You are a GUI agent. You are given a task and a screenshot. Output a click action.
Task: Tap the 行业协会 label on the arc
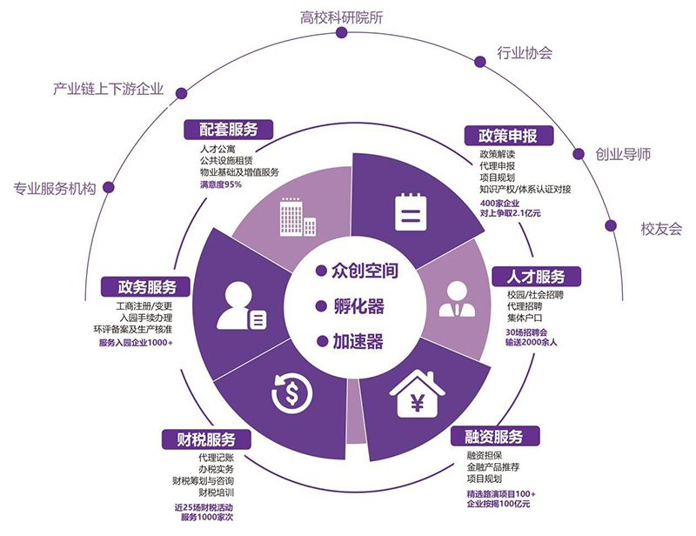click(524, 53)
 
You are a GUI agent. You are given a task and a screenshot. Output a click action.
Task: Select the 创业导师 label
click(623, 155)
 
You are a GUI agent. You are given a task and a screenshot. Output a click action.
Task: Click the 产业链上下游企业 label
click(108, 90)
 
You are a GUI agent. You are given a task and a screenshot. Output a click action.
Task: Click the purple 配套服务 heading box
click(229, 130)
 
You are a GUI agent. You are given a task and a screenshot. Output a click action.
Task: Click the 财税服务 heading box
click(205, 439)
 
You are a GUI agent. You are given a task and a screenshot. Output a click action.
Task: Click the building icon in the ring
click(291, 214)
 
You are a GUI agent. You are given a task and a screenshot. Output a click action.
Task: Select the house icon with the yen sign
click(417, 398)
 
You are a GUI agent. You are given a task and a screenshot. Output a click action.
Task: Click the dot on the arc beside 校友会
click(612, 225)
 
